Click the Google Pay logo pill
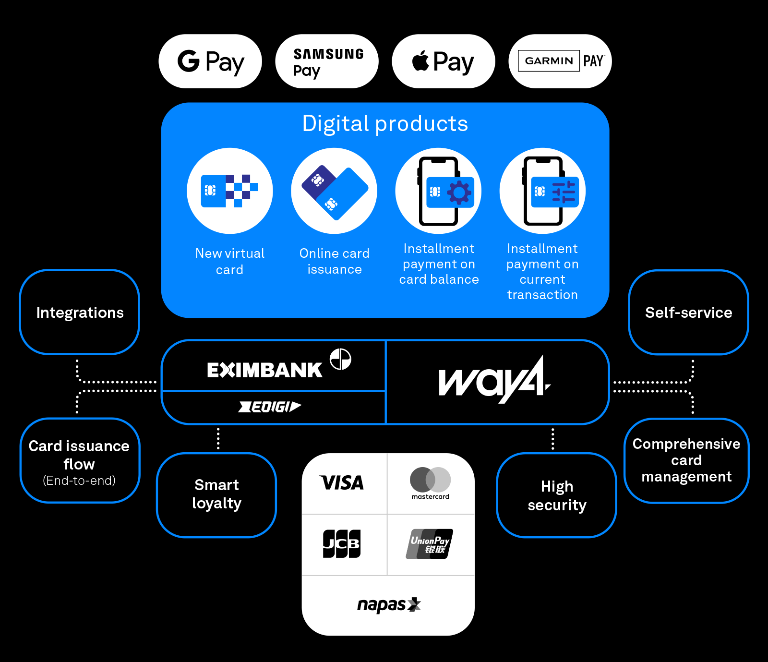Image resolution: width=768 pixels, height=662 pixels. tap(210, 61)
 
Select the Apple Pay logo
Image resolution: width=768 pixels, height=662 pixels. tap(443, 61)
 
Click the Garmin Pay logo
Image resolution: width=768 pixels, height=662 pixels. tap(560, 61)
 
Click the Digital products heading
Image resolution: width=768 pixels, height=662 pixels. tap(385, 124)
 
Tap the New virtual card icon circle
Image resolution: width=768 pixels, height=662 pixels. tap(230, 191)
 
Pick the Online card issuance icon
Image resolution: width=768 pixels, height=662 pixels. tap(334, 191)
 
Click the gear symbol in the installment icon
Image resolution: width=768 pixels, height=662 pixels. tap(459, 193)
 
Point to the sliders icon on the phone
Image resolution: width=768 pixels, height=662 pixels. tap(563, 192)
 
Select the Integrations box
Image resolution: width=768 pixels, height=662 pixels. tap(80, 313)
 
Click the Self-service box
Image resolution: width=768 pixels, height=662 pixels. tap(688, 313)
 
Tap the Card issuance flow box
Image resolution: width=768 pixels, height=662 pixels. tap(80, 461)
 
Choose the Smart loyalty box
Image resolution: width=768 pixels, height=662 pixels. tap(216, 495)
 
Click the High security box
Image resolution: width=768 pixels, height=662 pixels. tap(557, 495)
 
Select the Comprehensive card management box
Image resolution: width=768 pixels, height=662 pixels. tap(686, 460)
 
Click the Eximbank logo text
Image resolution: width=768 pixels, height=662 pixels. tap(264, 370)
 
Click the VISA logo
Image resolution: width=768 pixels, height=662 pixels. tap(342, 483)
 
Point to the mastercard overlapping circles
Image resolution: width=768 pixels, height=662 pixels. tap(430, 479)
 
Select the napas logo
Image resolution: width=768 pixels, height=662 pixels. tap(388, 605)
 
